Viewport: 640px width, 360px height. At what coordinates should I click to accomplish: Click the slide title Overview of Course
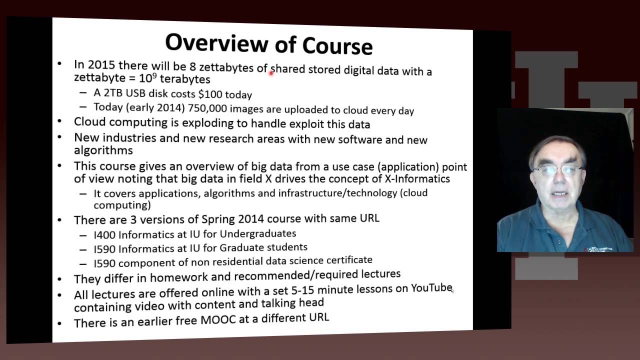pos(269,43)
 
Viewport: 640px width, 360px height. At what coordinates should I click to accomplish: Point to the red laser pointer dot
pos(271,73)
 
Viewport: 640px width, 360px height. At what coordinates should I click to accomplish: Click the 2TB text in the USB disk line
pos(113,93)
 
